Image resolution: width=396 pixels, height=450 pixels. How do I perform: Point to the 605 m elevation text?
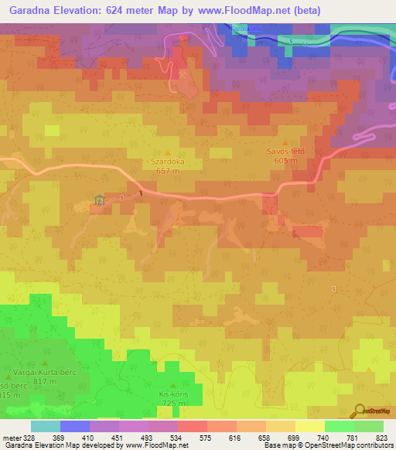[x=285, y=161]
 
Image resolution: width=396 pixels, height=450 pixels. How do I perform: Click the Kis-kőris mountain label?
[x=173, y=394]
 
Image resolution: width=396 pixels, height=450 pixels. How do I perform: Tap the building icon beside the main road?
[x=99, y=201]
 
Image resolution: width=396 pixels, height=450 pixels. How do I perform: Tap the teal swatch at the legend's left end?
[x=45, y=427]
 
